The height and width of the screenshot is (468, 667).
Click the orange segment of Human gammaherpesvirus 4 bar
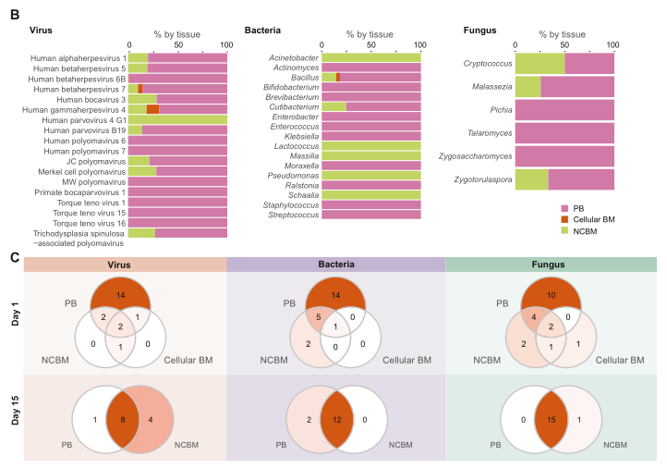[152, 109]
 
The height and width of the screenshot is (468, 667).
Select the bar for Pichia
[564, 110]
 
